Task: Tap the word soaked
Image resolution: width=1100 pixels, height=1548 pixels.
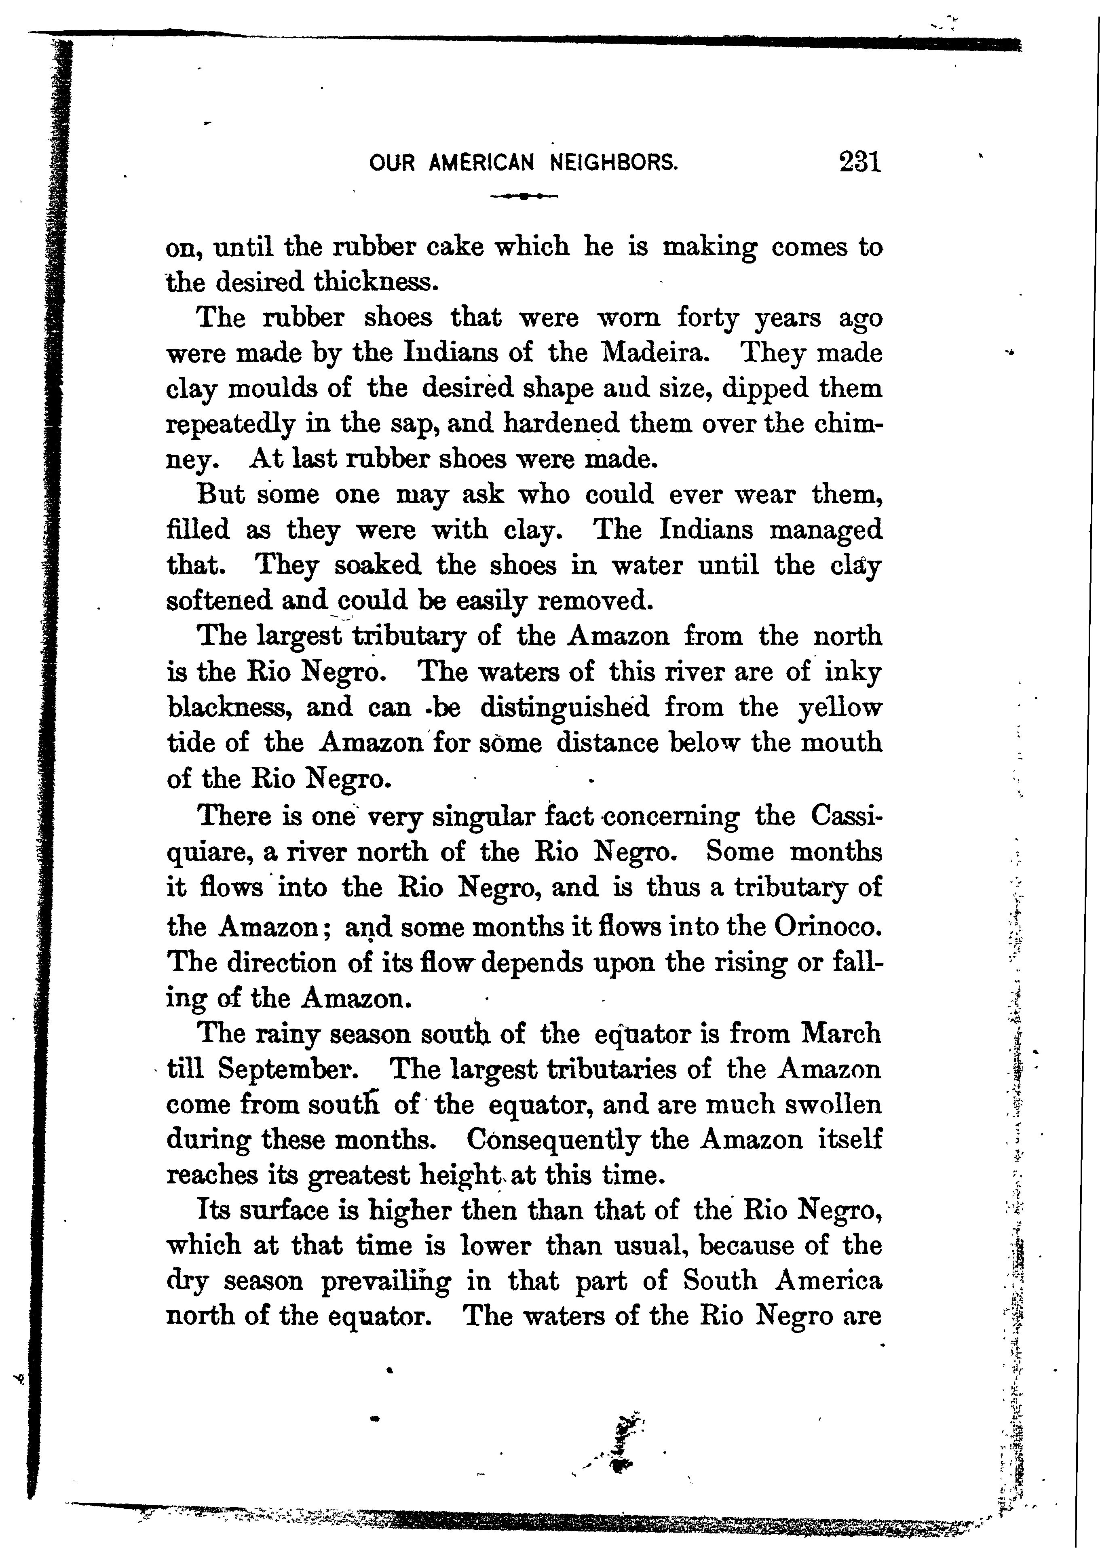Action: click(x=377, y=565)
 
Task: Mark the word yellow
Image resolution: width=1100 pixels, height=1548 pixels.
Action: click(x=840, y=708)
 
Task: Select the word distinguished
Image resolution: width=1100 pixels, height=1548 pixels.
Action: click(x=564, y=708)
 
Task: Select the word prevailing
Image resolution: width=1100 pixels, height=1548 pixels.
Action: click(x=385, y=1282)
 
